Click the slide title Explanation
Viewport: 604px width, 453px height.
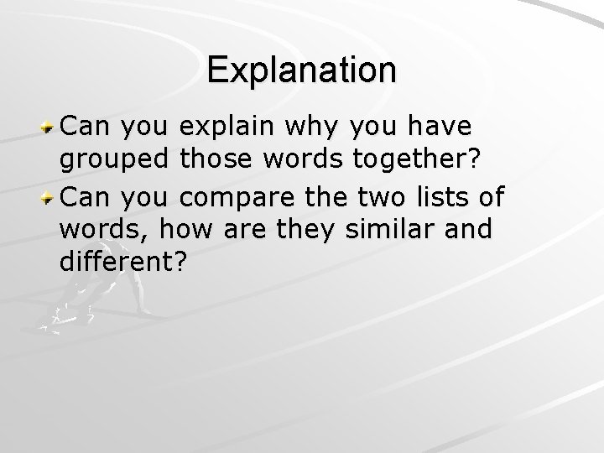(302, 70)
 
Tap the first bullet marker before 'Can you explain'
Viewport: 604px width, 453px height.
(49, 127)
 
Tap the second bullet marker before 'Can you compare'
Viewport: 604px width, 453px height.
(49, 197)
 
